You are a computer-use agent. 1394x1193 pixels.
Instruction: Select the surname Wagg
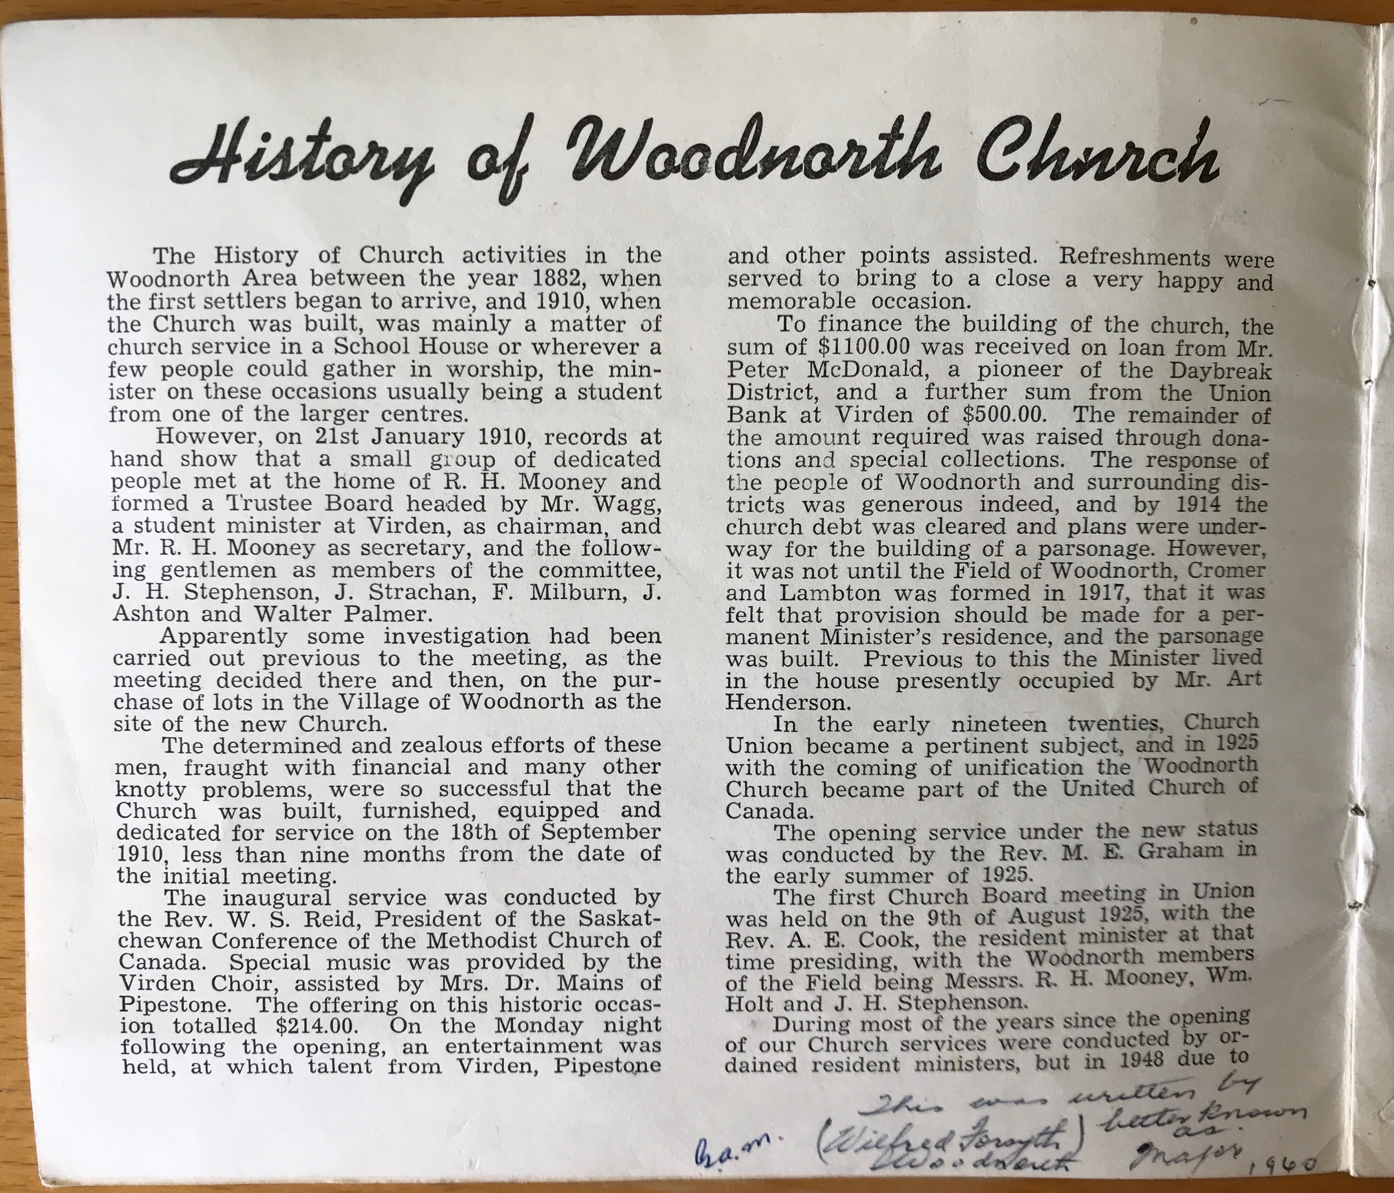tap(626, 503)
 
